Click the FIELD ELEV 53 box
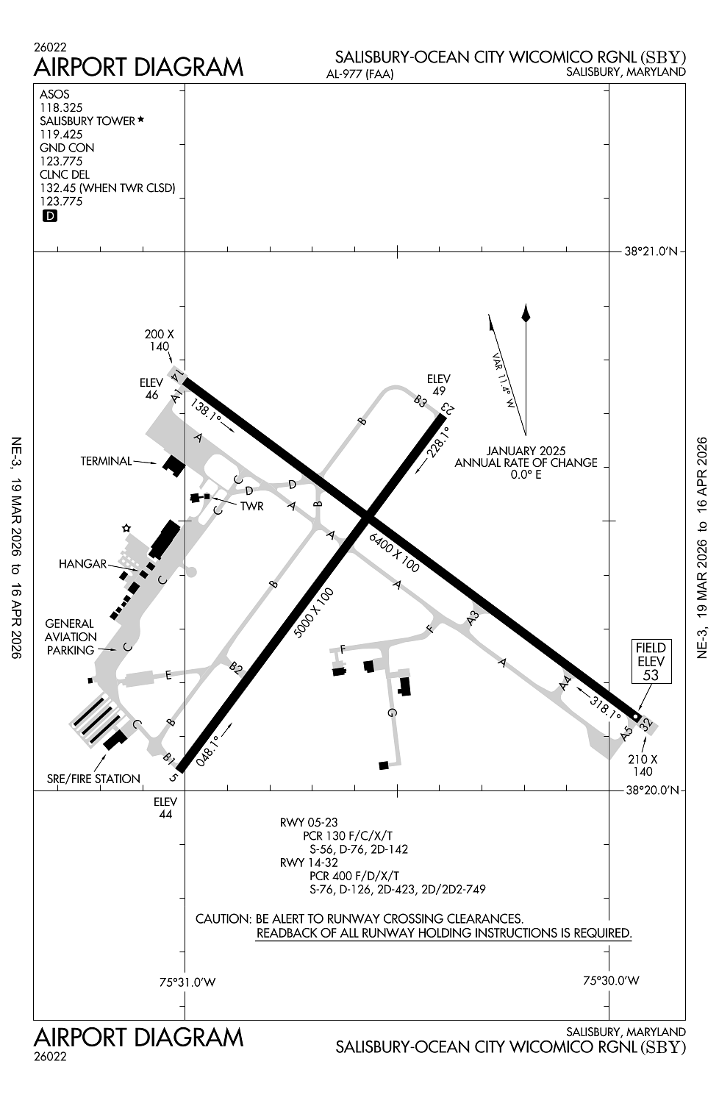point(651,661)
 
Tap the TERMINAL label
point(106,462)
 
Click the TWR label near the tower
point(251,507)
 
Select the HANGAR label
point(82,564)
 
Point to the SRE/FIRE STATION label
point(93,779)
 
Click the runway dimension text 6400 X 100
point(395,552)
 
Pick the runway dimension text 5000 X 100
point(314,612)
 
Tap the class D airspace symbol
point(50,216)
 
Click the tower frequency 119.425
point(61,135)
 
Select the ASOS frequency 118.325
point(61,107)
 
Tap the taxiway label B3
point(421,401)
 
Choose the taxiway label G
point(392,713)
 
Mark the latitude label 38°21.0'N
point(650,251)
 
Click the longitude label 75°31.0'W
point(188,982)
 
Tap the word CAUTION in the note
point(223,919)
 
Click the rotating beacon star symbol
point(126,528)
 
